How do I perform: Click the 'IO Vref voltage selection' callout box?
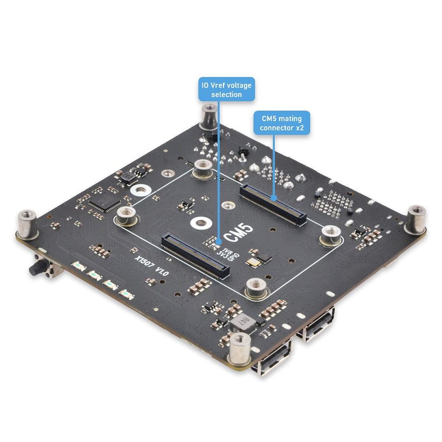coord(226,89)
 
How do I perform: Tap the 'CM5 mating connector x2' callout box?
coord(282,123)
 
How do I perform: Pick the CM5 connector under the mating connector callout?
coord(273,204)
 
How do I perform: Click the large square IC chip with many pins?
coord(105,203)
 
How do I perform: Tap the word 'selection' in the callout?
coord(226,95)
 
